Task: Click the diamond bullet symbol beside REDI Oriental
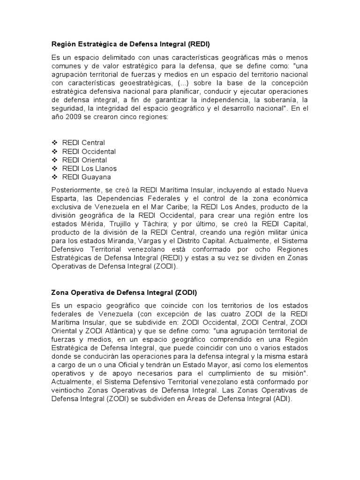tap(54, 160)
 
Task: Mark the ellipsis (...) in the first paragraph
tap(180, 82)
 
